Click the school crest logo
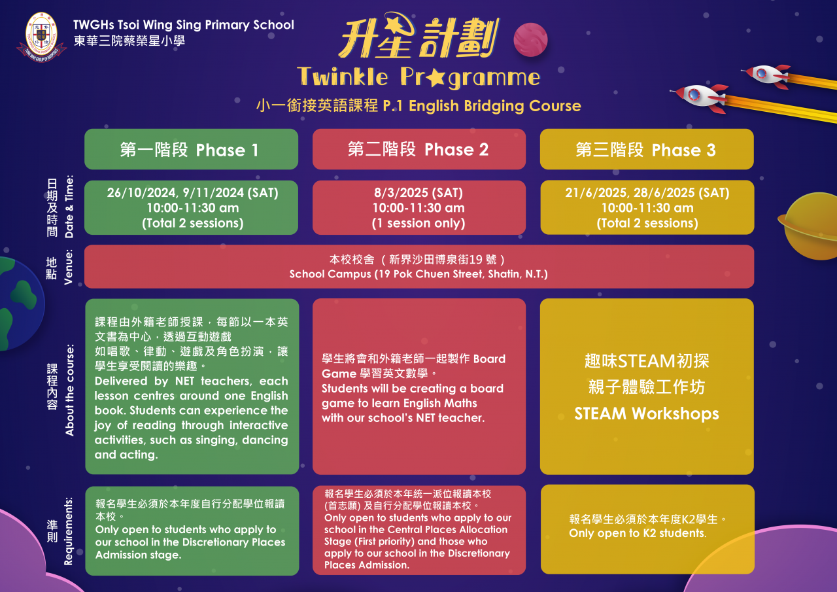point(41,37)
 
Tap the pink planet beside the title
point(530,40)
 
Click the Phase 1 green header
point(192,149)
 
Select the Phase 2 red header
point(419,149)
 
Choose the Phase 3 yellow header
point(647,149)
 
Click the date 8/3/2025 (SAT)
point(418,193)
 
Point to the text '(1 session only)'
point(418,223)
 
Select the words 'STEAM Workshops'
point(647,413)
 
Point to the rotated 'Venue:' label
point(69,267)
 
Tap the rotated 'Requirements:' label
point(69,531)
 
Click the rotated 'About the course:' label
point(69,390)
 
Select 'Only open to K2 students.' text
point(638,533)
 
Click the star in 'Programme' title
point(436,78)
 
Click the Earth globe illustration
point(19,304)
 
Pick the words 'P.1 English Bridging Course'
point(482,106)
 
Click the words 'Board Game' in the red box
point(414,366)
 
